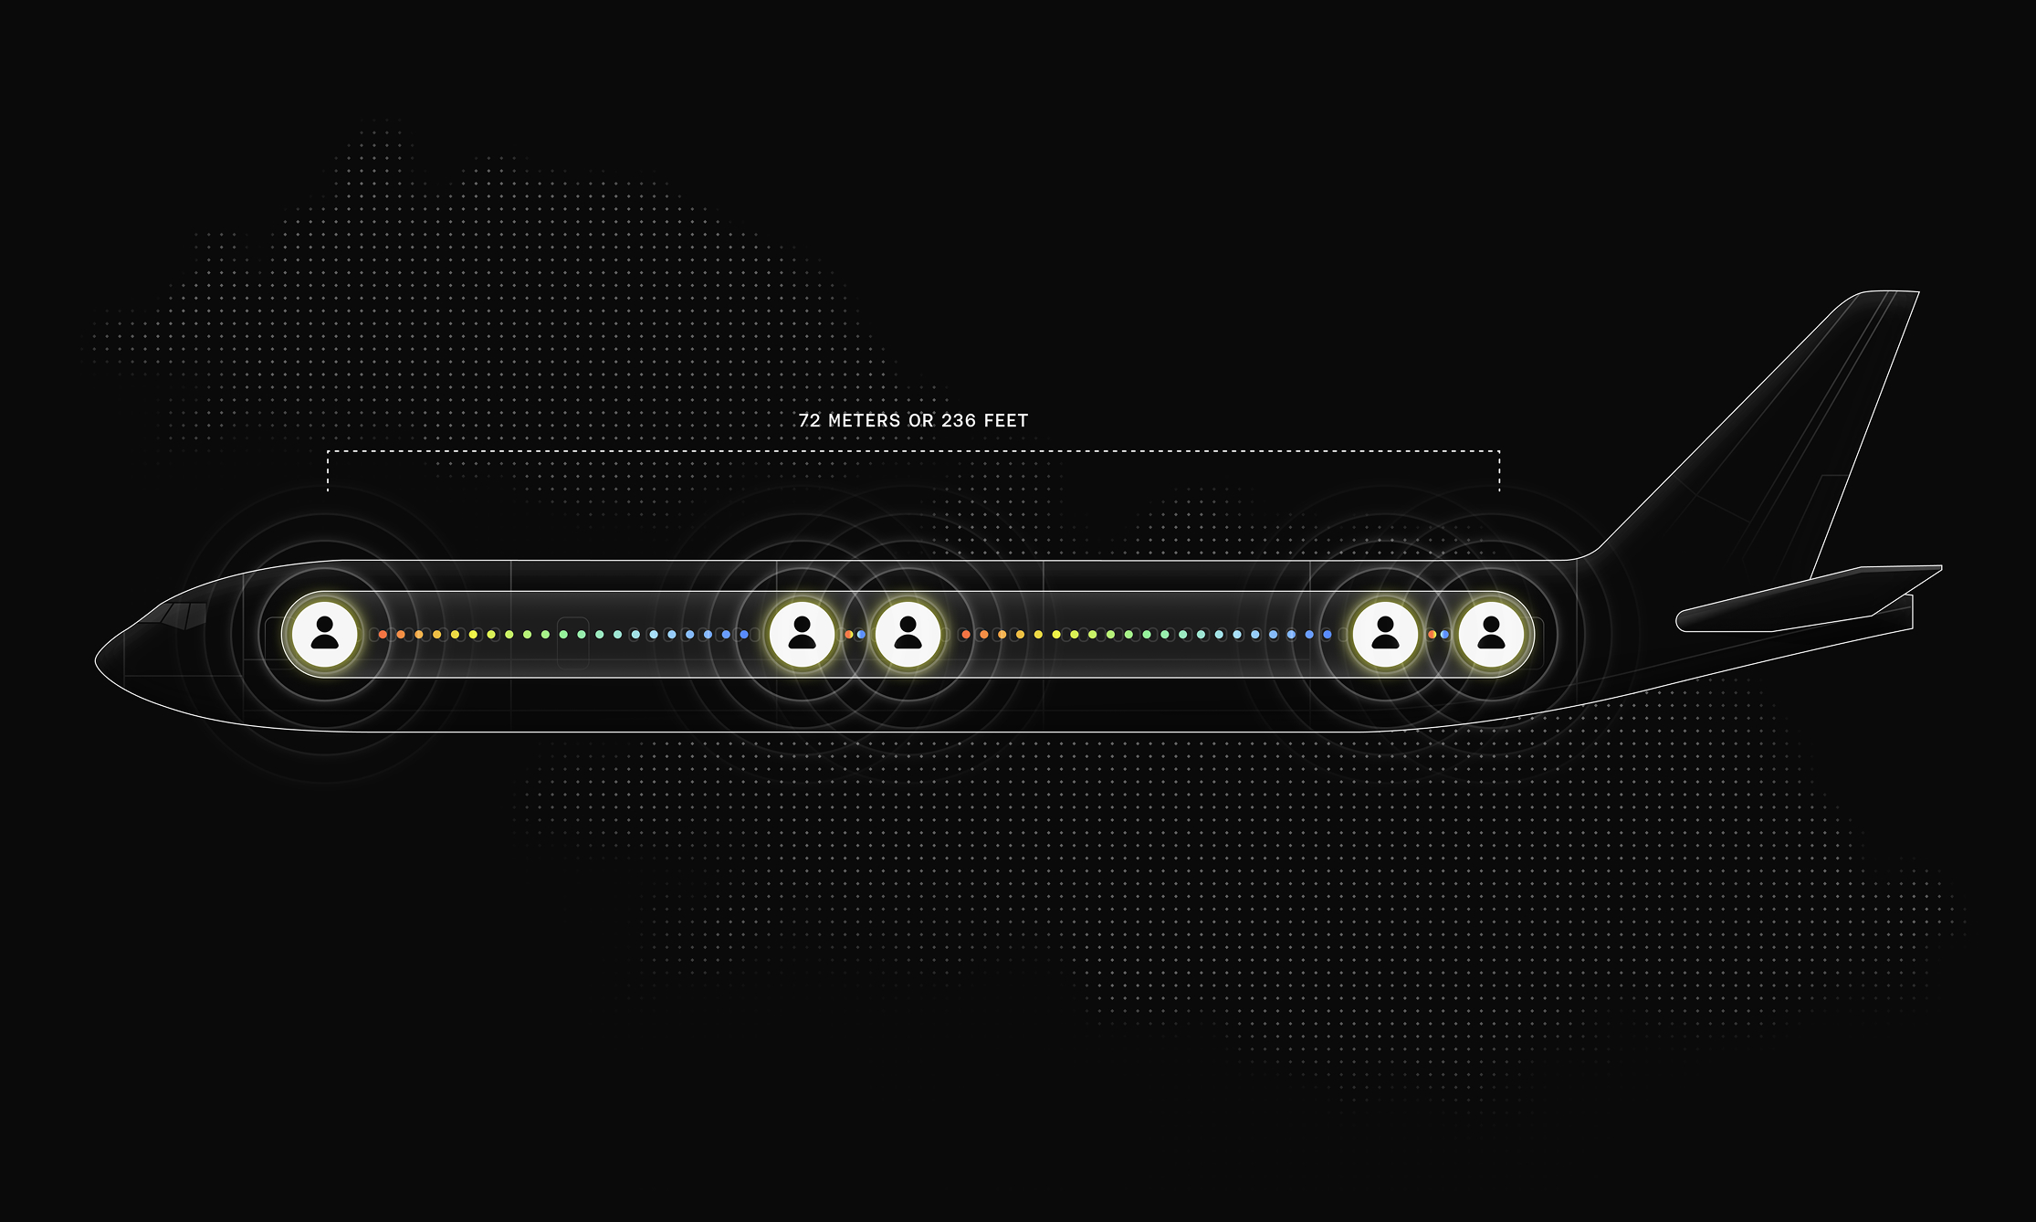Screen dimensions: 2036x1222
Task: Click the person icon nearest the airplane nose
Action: [x=324, y=633]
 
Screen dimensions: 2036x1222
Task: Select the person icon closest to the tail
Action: [x=1491, y=633]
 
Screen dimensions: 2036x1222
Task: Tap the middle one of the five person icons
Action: [x=908, y=633]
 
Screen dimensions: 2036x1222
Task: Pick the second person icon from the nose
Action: [x=802, y=633]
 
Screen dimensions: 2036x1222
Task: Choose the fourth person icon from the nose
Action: [x=1385, y=633]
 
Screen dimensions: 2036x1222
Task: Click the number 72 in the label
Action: [x=809, y=421]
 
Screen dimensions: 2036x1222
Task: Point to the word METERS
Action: [x=864, y=421]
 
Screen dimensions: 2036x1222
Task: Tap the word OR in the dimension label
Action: [x=920, y=421]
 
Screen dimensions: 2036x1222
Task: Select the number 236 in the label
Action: [x=959, y=421]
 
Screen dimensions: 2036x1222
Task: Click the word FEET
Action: [x=1006, y=421]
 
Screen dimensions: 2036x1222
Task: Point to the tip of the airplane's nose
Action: [x=97, y=657]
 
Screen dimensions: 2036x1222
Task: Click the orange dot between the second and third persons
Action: [x=849, y=634]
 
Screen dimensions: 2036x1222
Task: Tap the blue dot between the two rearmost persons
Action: [x=1444, y=634]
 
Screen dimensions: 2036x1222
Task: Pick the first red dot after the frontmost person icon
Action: [x=383, y=634]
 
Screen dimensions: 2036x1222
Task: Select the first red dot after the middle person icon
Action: [x=966, y=634]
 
